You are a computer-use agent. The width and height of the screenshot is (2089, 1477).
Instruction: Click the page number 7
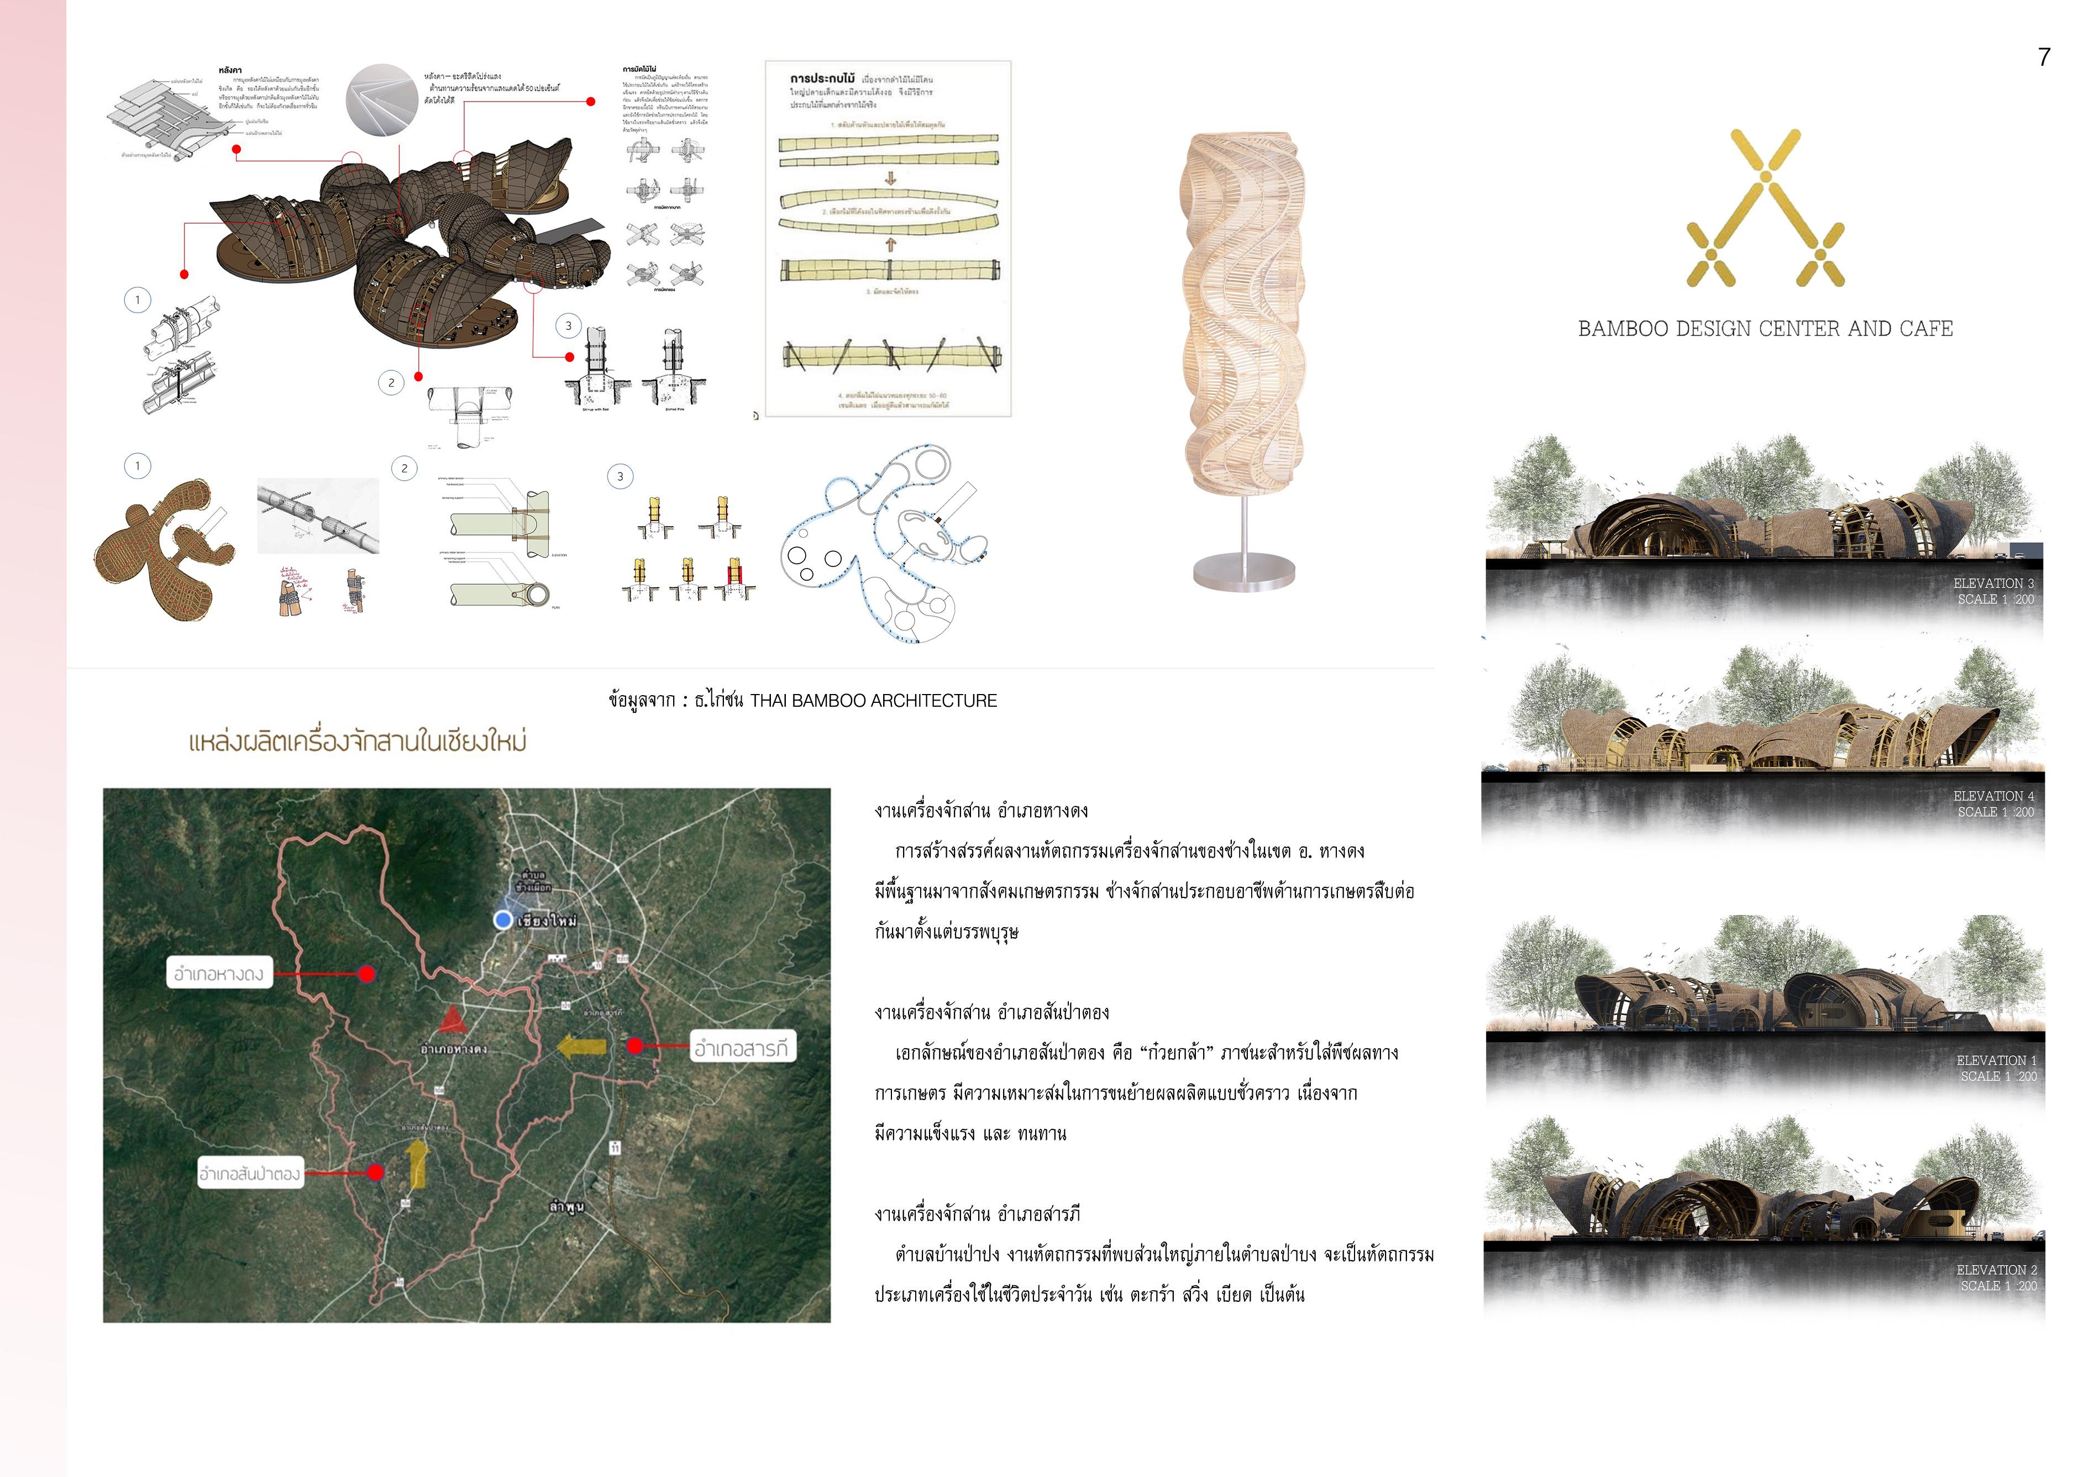point(2044,57)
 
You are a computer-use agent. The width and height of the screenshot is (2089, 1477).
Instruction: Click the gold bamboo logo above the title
point(1765,208)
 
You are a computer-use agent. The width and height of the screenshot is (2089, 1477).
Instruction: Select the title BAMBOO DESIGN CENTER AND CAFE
point(1765,328)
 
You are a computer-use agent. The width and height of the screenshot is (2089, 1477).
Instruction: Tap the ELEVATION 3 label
point(1992,583)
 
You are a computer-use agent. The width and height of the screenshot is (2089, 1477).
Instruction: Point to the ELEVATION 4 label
point(1992,796)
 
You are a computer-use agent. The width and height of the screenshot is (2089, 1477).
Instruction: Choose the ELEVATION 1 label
point(1995,1060)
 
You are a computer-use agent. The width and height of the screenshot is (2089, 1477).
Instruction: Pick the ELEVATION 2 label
point(1995,1270)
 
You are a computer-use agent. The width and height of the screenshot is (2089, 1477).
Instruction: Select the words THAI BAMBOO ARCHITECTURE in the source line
point(873,700)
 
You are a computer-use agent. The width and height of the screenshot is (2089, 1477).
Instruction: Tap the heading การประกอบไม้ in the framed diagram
point(822,79)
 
